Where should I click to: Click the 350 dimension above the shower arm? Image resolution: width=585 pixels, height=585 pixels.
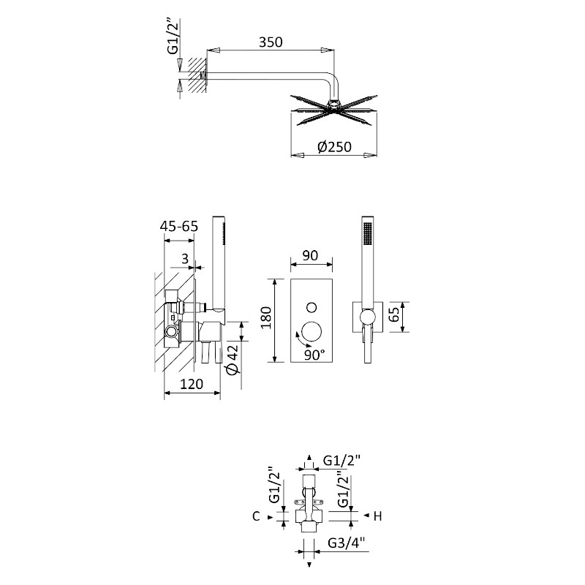click(x=271, y=42)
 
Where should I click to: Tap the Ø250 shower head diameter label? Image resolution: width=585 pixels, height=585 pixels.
click(x=334, y=147)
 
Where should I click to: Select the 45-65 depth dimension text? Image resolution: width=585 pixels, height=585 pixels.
click(x=179, y=227)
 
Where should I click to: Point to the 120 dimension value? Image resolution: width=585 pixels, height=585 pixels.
click(x=192, y=384)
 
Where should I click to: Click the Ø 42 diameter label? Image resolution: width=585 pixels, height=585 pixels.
click(x=233, y=359)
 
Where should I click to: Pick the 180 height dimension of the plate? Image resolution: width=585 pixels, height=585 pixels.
click(x=266, y=317)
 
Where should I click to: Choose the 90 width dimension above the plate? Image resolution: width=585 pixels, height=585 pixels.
click(x=310, y=255)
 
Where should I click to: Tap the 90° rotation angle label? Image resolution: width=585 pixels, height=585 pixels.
click(x=314, y=355)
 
